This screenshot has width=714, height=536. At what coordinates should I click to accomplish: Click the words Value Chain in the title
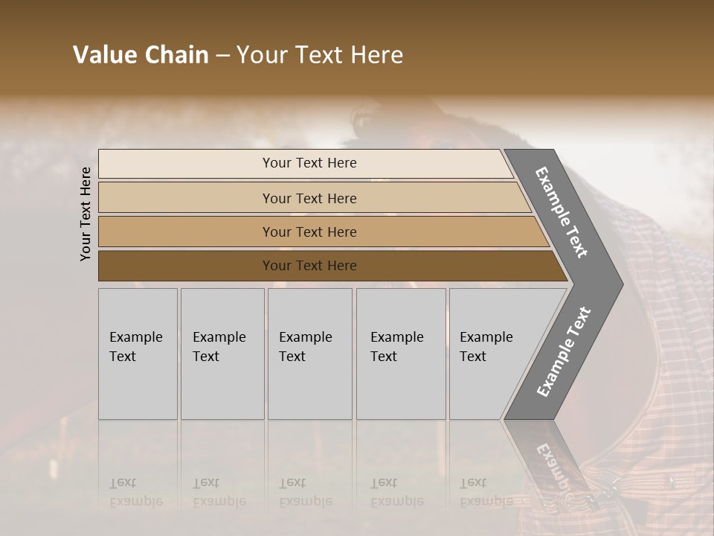141,55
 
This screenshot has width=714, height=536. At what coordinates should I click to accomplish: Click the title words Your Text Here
320,55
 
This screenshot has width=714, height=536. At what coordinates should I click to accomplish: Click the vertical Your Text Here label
86,214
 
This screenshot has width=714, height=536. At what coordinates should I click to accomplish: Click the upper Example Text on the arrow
561,212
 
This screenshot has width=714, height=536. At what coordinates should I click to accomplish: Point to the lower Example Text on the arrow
564,351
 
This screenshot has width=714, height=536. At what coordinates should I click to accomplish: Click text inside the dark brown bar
309,266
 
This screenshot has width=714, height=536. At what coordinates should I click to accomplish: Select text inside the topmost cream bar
309,163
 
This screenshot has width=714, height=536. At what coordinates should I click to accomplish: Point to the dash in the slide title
222,56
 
